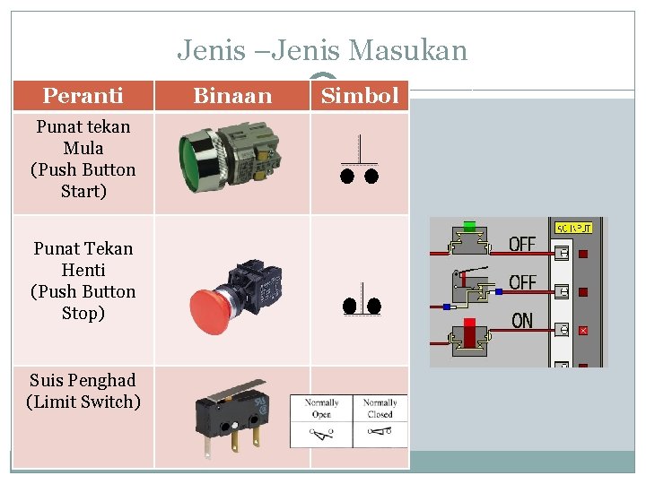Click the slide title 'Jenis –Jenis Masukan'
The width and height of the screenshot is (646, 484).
coord(322,50)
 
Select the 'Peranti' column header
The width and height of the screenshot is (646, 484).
coord(83,95)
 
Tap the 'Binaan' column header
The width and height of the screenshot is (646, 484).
coord(232,95)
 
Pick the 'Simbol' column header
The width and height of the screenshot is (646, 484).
coord(359,95)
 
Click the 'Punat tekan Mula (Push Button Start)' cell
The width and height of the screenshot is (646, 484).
coord(83,159)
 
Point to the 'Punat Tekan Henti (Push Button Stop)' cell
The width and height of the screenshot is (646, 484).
coord(83,281)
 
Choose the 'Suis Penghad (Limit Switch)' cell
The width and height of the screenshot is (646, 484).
coord(83,391)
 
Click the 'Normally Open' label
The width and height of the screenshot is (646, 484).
coord(321,409)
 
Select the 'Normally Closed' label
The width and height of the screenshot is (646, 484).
coord(380,409)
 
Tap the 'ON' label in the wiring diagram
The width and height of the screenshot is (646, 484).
coord(521,321)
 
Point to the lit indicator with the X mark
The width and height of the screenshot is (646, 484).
coord(583,331)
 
